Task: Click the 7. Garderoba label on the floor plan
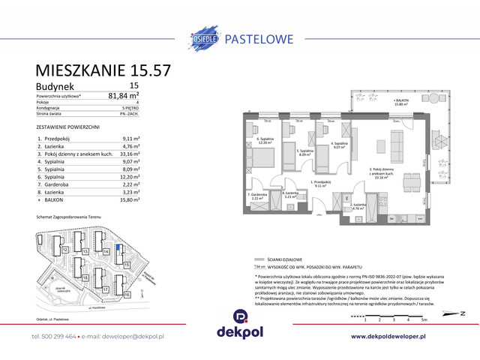[256, 196]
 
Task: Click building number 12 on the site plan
[65, 249]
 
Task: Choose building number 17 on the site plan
[106, 289]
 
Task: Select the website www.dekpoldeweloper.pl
[394, 337]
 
